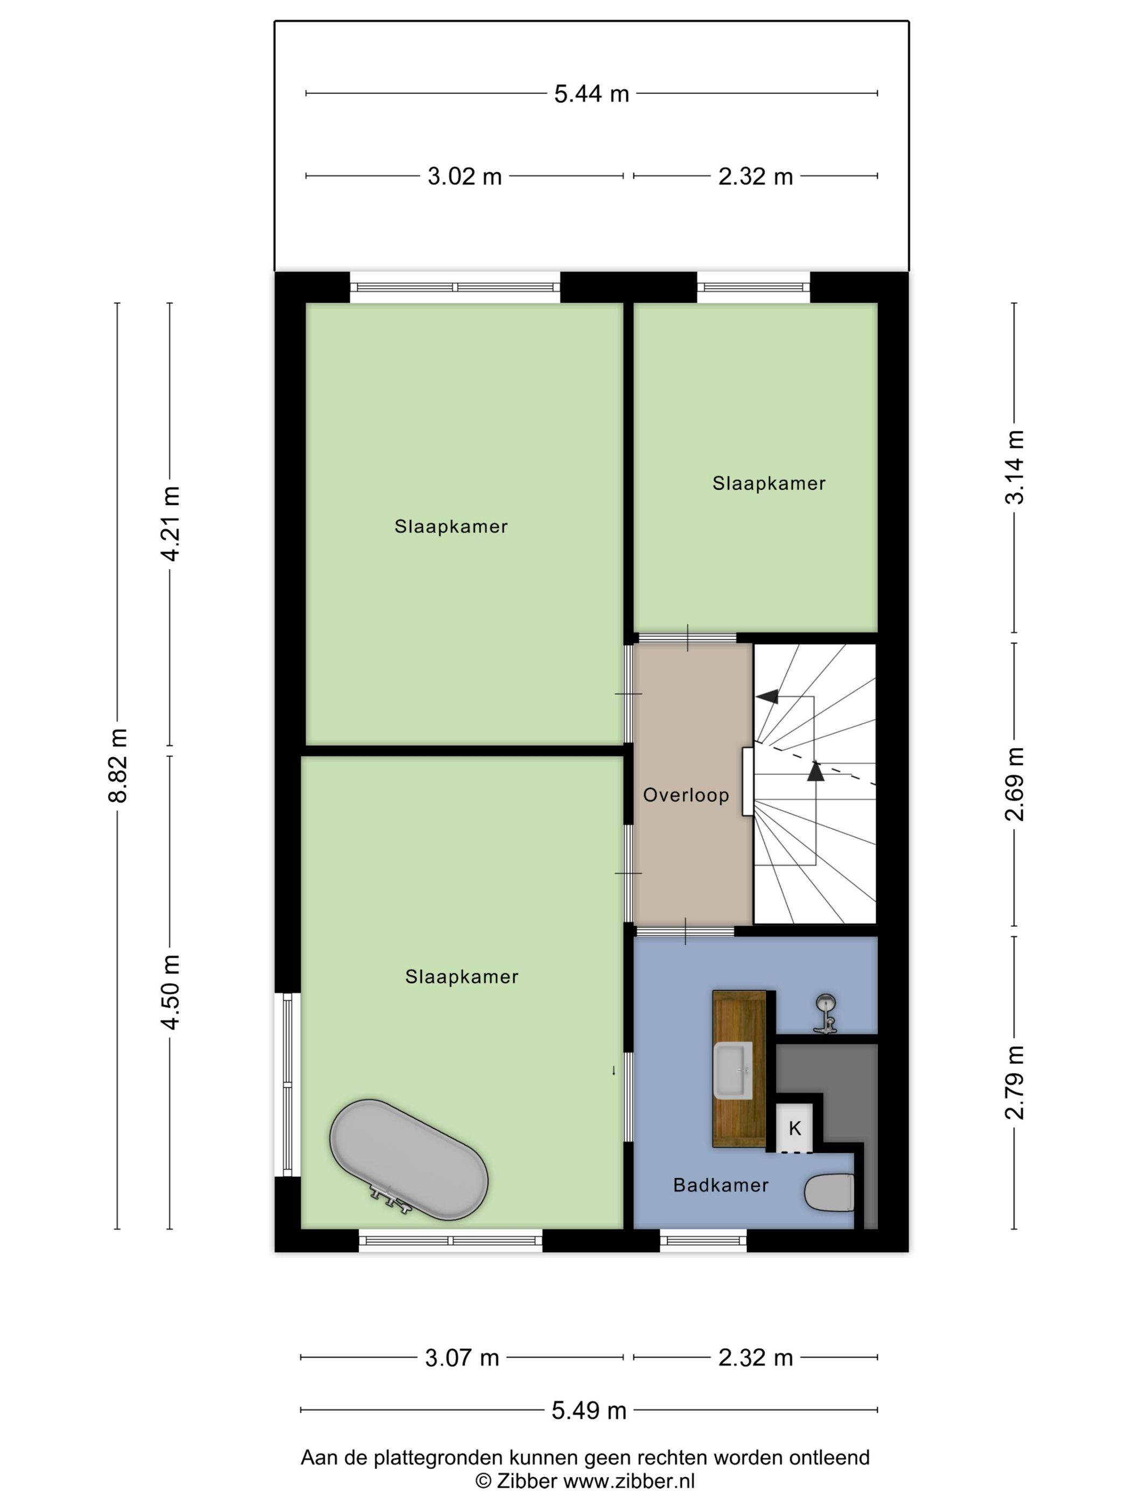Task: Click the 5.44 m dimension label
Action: [x=591, y=94]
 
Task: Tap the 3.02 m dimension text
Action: [x=464, y=177]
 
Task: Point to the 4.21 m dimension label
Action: [x=170, y=524]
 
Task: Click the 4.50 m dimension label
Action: [x=170, y=992]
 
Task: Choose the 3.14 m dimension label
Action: [x=1015, y=467]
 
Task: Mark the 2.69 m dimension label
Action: [x=1015, y=784]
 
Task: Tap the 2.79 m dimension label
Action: [x=1015, y=1082]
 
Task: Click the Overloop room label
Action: [x=686, y=795]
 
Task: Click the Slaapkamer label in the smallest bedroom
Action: [x=769, y=483]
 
